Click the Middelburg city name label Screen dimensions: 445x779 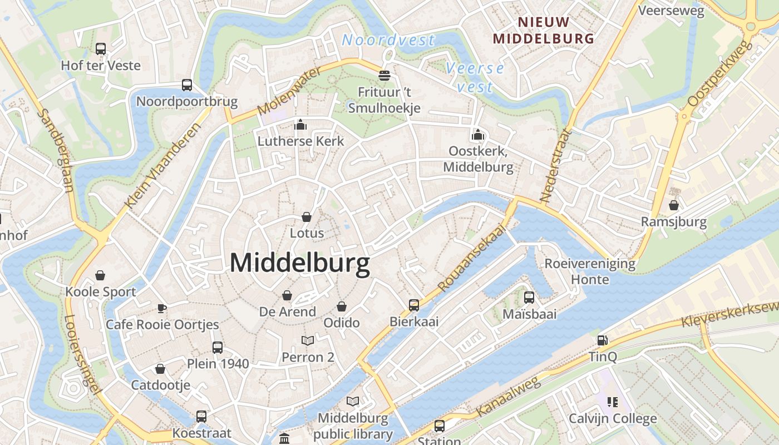coord(300,263)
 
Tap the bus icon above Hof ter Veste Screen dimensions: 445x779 coord(101,49)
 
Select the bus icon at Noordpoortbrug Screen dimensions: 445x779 coord(187,85)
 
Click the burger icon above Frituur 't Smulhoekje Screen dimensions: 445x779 coord(384,75)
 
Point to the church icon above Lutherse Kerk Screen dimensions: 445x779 coord(300,125)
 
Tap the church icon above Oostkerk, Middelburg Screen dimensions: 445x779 coord(477,135)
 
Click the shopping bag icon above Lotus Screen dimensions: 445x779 coord(306,216)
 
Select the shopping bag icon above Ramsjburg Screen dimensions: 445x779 coord(674,205)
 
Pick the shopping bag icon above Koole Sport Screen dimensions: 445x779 coord(100,275)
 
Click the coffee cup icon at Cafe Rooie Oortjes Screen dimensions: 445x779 coord(162,308)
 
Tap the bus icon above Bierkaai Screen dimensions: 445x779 coord(414,305)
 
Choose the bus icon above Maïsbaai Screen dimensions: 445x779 coord(529,298)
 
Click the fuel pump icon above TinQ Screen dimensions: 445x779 coord(602,340)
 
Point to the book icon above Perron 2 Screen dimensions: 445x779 coord(308,340)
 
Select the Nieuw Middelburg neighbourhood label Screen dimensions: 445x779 coord(544,31)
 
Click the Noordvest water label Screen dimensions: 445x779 coord(388,40)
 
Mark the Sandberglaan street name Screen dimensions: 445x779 coord(56,150)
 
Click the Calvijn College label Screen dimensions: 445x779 coord(613,418)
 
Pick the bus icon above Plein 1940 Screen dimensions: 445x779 coord(218,348)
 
